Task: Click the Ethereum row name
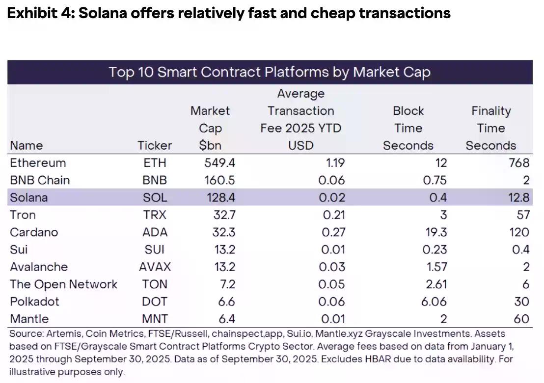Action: [x=38, y=163]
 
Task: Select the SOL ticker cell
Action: [x=155, y=197]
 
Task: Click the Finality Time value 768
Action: [x=519, y=163]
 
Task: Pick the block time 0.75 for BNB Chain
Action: [x=435, y=180]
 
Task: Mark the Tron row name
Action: [x=23, y=215]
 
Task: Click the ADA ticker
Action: [x=155, y=232]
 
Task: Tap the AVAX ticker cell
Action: [x=155, y=267]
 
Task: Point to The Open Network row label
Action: [x=63, y=284]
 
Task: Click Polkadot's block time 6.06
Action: [x=434, y=301]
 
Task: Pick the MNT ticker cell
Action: [x=155, y=319]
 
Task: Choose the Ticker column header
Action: [x=155, y=145]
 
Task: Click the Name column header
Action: [x=27, y=145]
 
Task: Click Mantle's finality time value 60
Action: [x=521, y=319]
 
